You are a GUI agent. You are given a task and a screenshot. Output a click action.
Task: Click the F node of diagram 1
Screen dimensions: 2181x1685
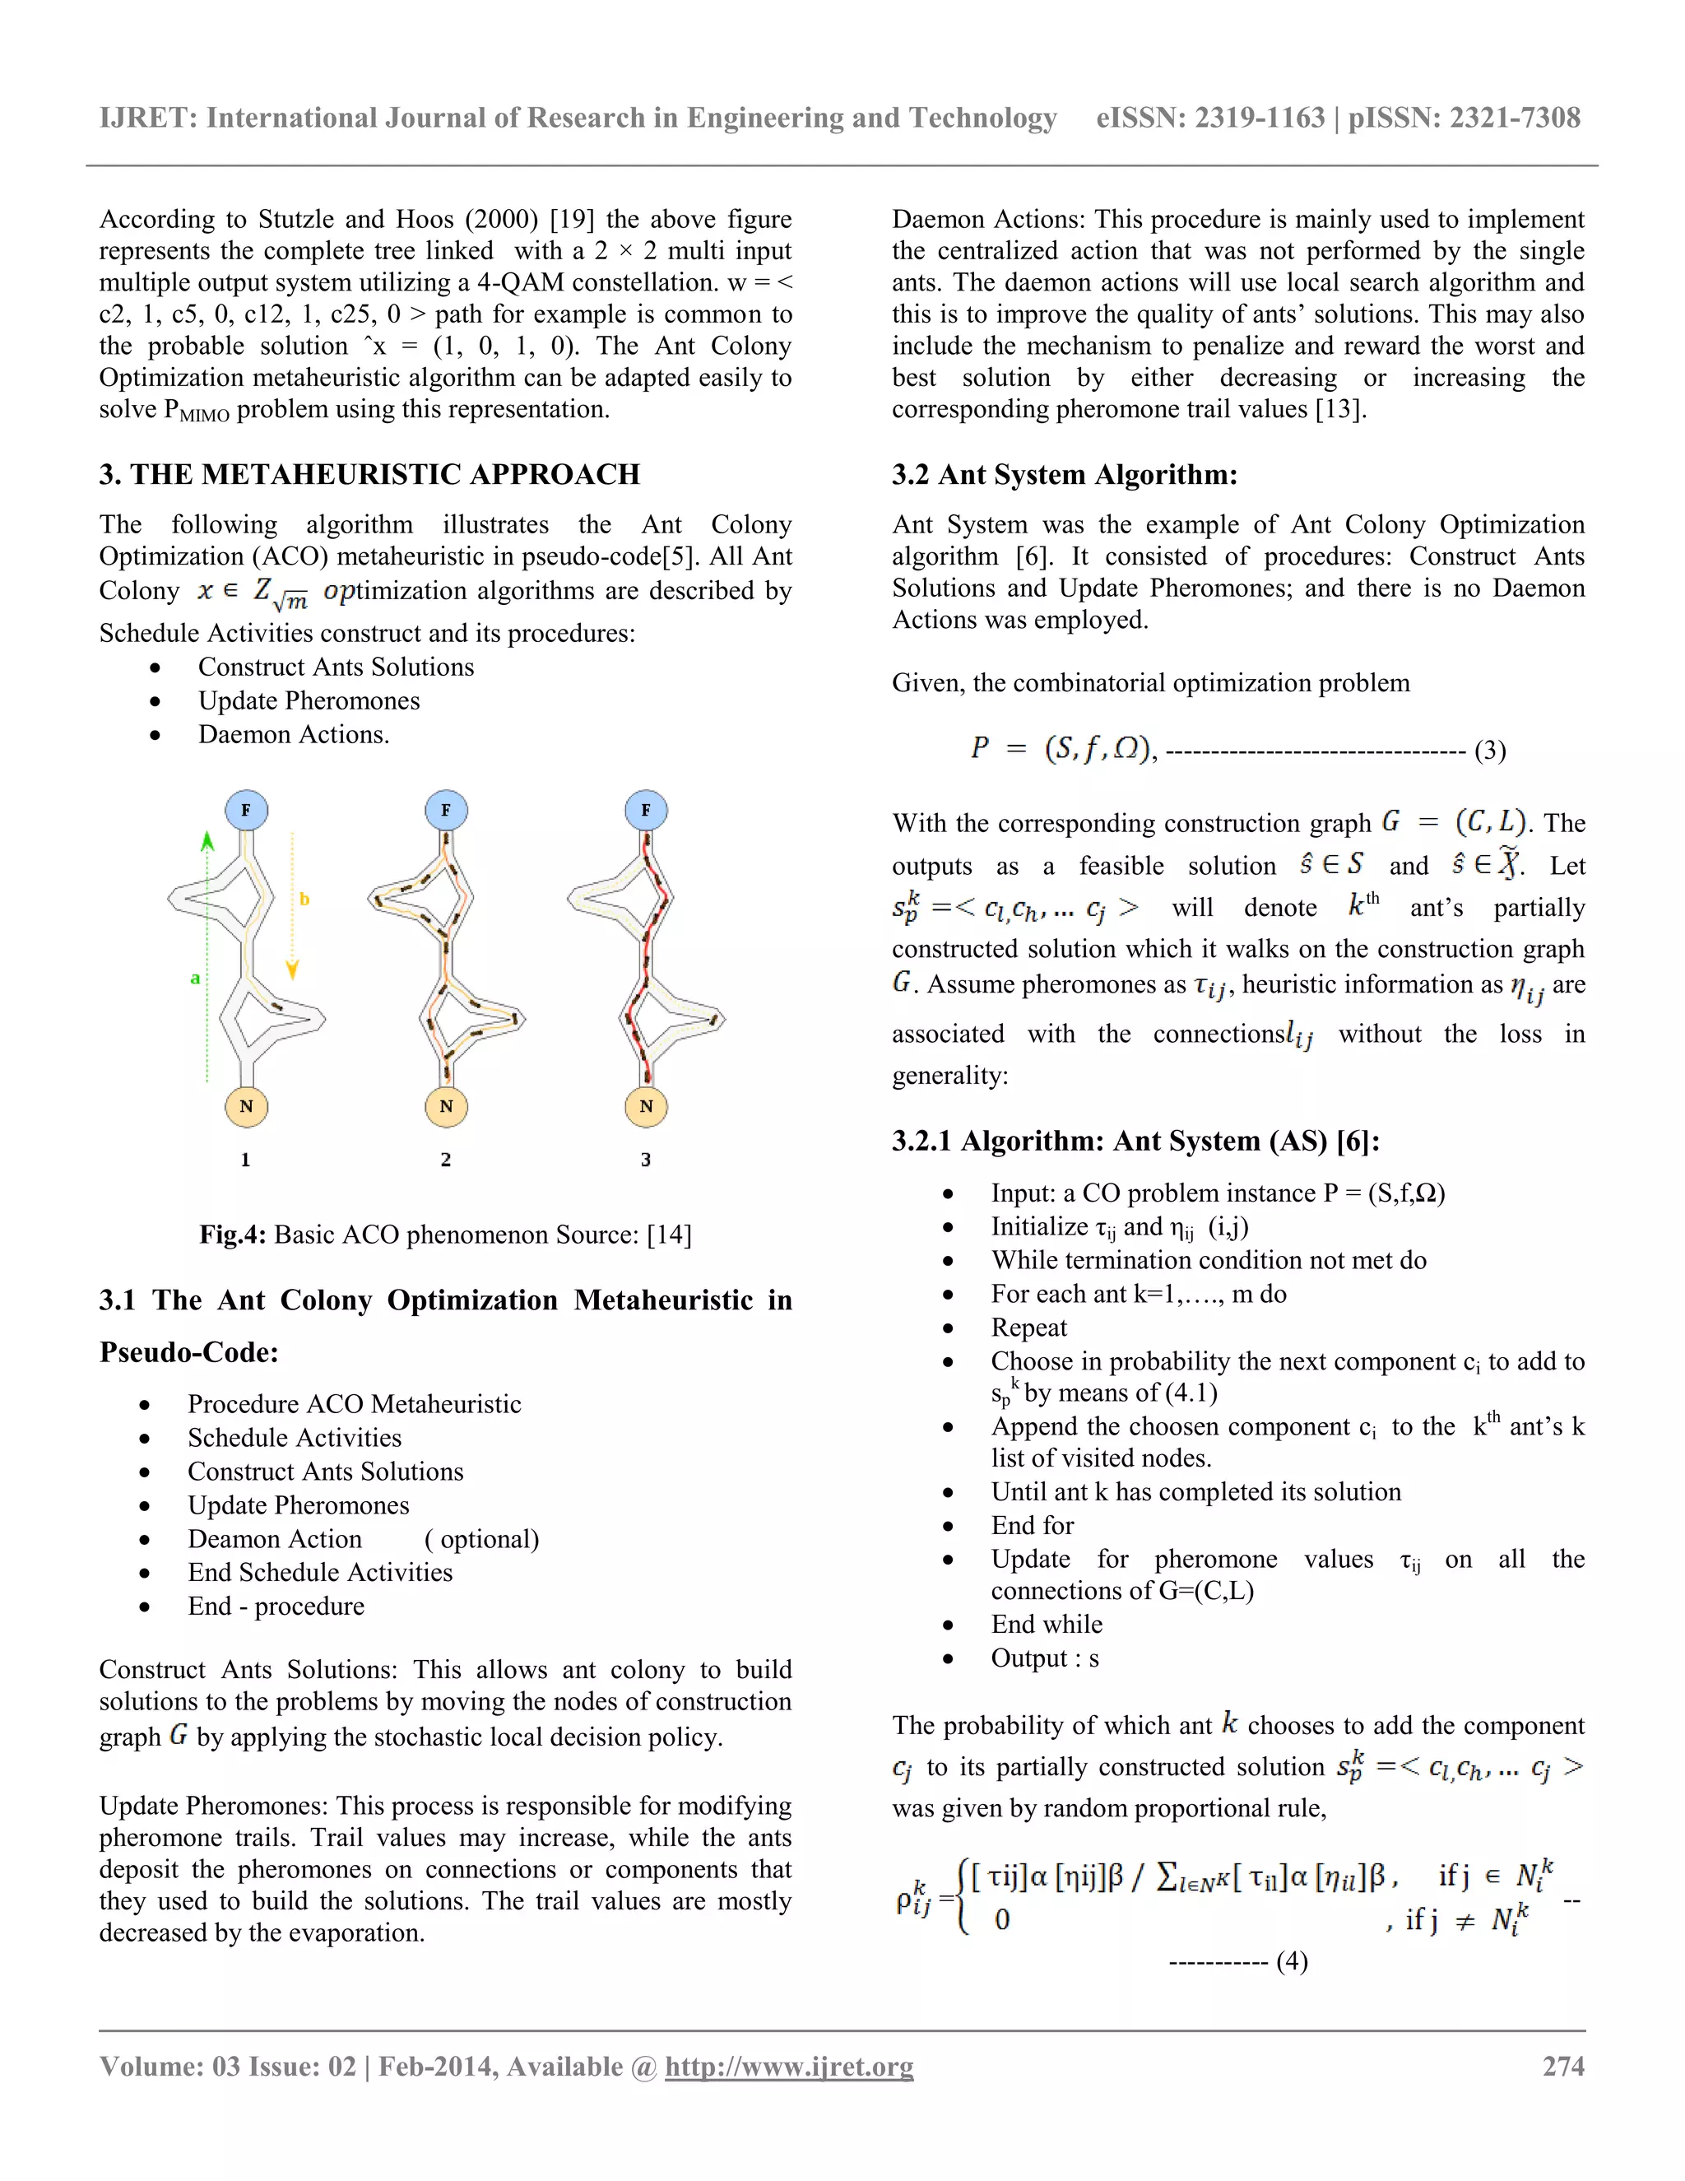[x=245, y=810]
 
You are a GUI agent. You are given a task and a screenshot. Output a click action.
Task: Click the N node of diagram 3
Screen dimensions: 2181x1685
[x=646, y=1105]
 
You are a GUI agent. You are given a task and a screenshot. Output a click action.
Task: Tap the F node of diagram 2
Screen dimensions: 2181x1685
[x=445, y=810]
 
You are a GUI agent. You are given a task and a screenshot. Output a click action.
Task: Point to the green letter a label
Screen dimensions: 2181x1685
[x=196, y=978]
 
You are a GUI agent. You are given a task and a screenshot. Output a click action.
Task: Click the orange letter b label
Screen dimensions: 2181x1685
[x=304, y=899]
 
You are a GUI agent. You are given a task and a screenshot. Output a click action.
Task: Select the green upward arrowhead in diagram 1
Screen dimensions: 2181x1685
[x=207, y=841]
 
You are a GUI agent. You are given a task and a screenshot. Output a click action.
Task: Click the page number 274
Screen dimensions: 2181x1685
[x=1563, y=2066]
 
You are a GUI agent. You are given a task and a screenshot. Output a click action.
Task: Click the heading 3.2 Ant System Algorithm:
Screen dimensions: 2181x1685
[x=1064, y=474]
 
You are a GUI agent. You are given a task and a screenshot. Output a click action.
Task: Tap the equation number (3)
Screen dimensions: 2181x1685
[x=1489, y=750]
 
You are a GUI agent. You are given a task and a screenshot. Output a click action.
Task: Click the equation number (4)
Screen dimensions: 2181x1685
[x=1292, y=1960]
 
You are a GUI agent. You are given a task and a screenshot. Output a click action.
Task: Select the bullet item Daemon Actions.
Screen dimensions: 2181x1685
[x=294, y=734]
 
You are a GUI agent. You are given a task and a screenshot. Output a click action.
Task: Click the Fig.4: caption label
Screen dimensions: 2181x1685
[x=231, y=1235]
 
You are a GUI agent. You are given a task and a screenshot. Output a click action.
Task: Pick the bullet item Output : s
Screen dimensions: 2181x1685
[x=1044, y=1658]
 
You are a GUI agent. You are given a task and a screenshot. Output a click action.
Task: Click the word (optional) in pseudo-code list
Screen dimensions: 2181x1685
[x=482, y=1539]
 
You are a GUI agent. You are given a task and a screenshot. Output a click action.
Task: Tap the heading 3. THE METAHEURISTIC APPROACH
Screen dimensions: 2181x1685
[x=369, y=474]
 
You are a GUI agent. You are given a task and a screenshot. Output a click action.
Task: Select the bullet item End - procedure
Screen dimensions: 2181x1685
[x=276, y=1606]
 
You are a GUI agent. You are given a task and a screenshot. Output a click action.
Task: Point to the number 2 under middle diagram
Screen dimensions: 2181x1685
[x=445, y=1160]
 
